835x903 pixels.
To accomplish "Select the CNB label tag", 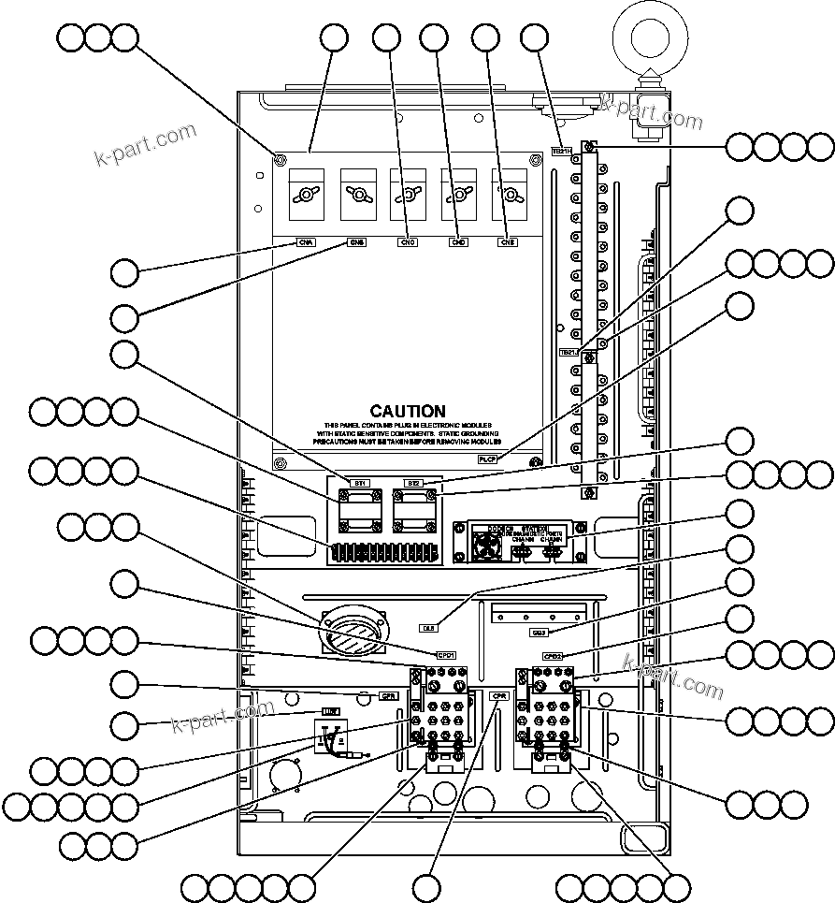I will (357, 242).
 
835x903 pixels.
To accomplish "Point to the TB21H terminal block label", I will (561, 150).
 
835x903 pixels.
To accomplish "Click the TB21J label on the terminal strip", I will (569, 353).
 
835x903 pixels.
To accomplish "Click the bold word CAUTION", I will (408, 411).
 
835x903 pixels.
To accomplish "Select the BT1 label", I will (360, 483).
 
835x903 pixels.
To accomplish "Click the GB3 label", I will (539, 633).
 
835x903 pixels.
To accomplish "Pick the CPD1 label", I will (445, 655).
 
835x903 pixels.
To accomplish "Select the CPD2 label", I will (553, 656).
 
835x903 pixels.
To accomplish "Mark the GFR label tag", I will (388, 696).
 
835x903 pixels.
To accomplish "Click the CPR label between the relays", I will (498, 696).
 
